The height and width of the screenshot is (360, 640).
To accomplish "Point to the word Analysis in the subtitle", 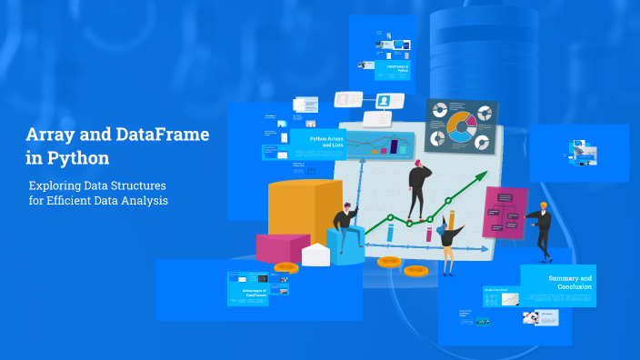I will pos(145,201).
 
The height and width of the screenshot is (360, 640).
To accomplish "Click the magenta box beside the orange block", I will pos(282,247).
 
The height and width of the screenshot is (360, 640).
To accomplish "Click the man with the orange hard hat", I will pos(542,228).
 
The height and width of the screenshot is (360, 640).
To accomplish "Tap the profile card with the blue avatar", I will pos(385,101).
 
